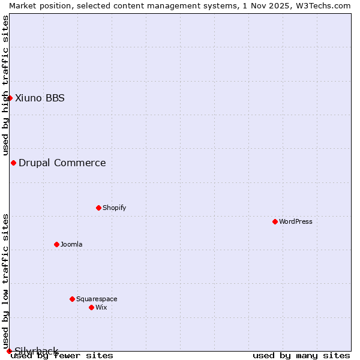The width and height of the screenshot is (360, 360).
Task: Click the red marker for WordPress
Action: [x=275, y=221]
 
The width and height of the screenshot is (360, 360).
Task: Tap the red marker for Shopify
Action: [x=98, y=208]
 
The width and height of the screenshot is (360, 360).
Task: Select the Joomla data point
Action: [x=56, y=244]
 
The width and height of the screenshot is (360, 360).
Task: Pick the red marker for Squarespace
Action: [x=72, y=299]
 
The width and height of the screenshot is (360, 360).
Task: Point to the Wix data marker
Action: [x=91, y=307]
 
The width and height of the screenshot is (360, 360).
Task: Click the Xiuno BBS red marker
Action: [x=10, y=98]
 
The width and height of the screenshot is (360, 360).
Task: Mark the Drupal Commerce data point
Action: [x=13, y=163]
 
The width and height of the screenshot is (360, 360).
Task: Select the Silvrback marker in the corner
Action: [x=9, y=351]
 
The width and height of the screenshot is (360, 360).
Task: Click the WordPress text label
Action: [x=296, y=221]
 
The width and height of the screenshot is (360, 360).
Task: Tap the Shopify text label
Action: [x=114, y=208]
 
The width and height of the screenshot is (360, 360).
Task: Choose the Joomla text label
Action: [x=71, y=244]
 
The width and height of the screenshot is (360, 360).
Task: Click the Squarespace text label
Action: [x=97, y=299]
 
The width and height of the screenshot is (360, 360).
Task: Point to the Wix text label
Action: [x=101, y=307]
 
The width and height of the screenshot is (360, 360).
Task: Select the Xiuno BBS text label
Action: [x=40, y=98]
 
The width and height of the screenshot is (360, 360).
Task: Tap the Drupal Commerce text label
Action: [x=62, y=163]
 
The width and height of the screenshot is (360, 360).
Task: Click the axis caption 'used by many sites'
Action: [x=301, y=356]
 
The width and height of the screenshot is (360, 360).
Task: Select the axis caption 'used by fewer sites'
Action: [x=62, y=356]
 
